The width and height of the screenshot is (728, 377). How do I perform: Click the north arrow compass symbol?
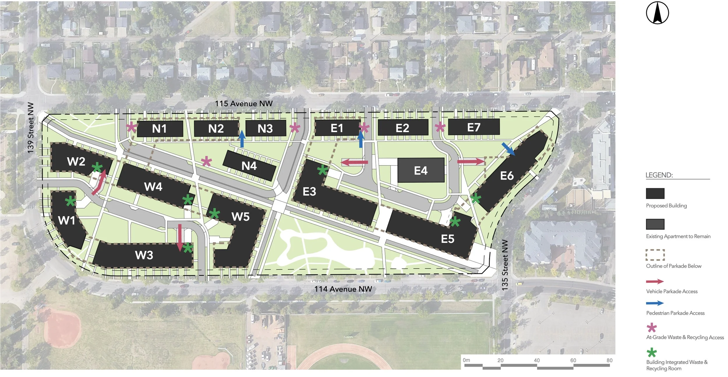tap(657, 13)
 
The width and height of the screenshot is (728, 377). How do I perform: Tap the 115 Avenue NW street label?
tap(244, 104)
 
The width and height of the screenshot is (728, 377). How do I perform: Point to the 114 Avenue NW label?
tap(343, 289)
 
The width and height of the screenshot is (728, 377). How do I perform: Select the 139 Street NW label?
tap(31, 128)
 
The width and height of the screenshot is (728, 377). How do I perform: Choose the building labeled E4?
tap(421, 170)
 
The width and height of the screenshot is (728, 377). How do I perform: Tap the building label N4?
tap(249, 166)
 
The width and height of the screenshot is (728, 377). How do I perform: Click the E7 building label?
tap(474, 127)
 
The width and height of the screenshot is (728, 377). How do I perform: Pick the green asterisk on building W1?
tap(70, 201)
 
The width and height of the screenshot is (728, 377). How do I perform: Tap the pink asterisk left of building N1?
tap(131, 127)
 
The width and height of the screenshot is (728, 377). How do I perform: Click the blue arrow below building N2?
tap(242, 139)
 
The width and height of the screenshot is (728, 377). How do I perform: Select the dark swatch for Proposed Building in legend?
tap(655, 193)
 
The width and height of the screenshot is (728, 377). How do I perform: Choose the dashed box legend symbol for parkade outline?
tap(655, 255)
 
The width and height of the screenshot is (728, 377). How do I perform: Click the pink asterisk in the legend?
tap(652, 328)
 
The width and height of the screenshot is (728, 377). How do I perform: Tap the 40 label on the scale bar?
tap(537, 360)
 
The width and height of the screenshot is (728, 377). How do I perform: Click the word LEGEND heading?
tap(659, 175)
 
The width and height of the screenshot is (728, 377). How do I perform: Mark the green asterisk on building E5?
tap(455, 222)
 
